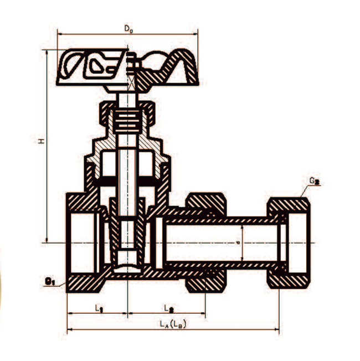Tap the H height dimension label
click(40, 142)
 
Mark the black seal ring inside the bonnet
click(128, 182)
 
